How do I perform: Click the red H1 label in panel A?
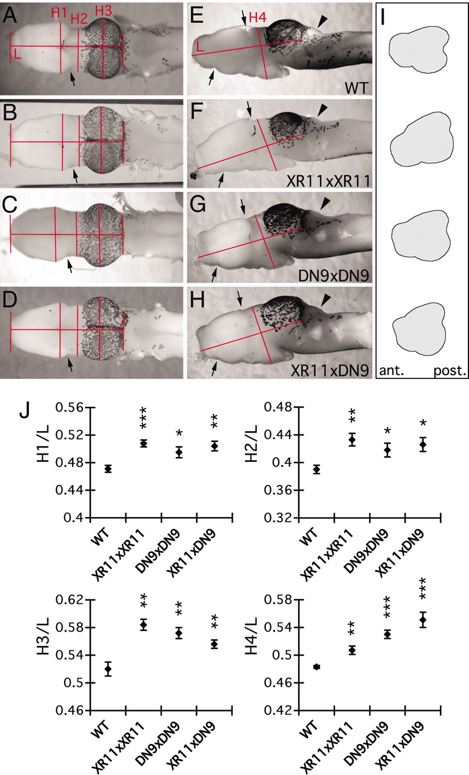point(59,13)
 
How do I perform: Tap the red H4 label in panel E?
point(258,18)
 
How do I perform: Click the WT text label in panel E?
point(356,88)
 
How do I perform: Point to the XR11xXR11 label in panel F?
point(328,181)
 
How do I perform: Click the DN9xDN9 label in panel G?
point(333,275)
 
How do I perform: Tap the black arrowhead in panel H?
point(324,300)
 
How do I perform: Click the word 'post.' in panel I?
point(449,371)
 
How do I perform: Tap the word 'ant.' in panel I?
point(392,371)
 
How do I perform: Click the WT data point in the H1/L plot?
point(108,469)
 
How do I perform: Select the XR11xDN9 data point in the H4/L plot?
point(422,619)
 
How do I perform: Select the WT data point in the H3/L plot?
point(108,669)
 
